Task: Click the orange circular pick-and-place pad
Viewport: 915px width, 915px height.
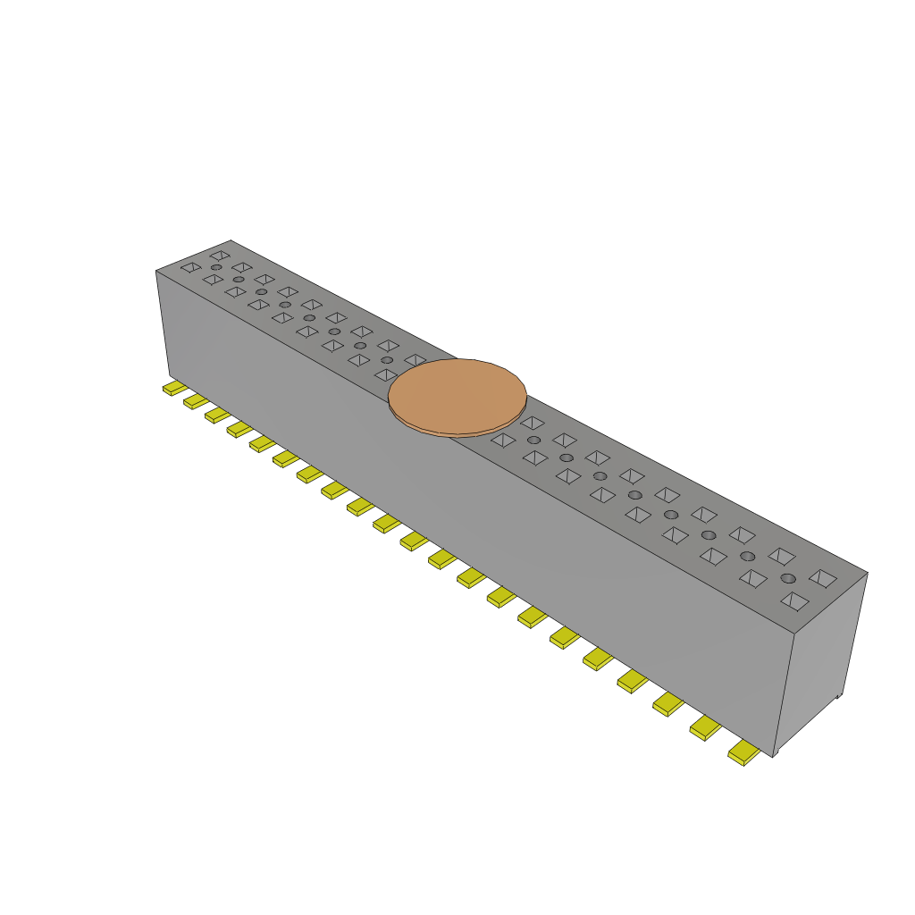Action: pos(457,393)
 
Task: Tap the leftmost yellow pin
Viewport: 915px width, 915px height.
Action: pos(174,388)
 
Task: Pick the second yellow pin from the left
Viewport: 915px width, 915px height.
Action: pos(196,401)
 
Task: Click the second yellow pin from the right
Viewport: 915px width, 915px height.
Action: pos(704,729)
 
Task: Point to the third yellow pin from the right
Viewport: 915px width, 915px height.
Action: pos(667,704)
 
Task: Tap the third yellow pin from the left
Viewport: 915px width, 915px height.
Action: pos(217,415)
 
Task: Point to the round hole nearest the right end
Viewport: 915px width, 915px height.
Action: pos(788,578)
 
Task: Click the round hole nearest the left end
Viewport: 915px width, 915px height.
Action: pos(216,267)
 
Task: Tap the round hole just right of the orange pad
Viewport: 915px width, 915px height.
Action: pos(533,440)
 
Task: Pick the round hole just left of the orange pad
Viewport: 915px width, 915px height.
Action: pos(387,360)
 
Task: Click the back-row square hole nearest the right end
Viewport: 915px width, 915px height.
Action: pos(822,578)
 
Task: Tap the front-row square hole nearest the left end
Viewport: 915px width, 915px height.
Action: pos(190,267)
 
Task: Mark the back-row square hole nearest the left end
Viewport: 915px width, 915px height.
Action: pos(219,256)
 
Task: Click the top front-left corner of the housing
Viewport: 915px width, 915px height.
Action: pos(156,271)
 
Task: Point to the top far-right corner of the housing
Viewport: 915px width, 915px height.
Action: pos(867,573)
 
